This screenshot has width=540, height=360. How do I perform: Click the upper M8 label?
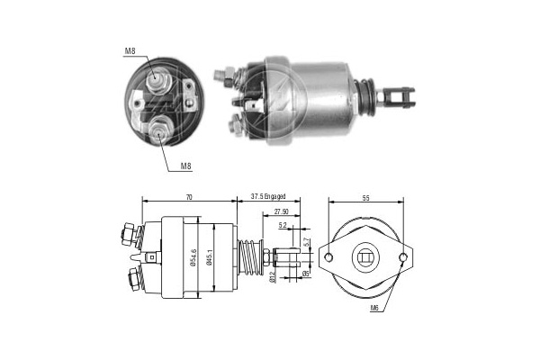pyautogui.click(x=130, y=51)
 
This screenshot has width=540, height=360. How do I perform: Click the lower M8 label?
pyautogui.click(x=186, y=166)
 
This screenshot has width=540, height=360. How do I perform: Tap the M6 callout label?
pyautogui.click(x=374, y=308)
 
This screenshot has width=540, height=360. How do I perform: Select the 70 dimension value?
pyautogui.click(x=189, y=197)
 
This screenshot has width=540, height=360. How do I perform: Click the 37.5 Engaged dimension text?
pyautogui.click(x=268, y=197)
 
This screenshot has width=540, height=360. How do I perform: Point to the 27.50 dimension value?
pyautogui.click(x=282, y=211)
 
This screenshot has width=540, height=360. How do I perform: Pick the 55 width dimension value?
pyautogui.click(x=365, y=198)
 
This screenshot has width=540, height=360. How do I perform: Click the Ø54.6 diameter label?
pyautogui.click(x=193, y=257)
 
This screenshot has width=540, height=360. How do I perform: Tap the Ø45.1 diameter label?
pyautogui.click(x=209, y=257)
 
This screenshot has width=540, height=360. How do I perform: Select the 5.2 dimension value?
pyautogui.click(x=283, y=225)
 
